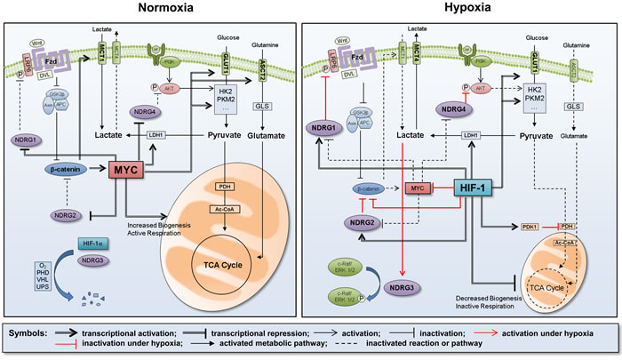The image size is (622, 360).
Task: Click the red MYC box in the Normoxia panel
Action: (125, 168)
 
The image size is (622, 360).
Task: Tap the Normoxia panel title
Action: (154, 8)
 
